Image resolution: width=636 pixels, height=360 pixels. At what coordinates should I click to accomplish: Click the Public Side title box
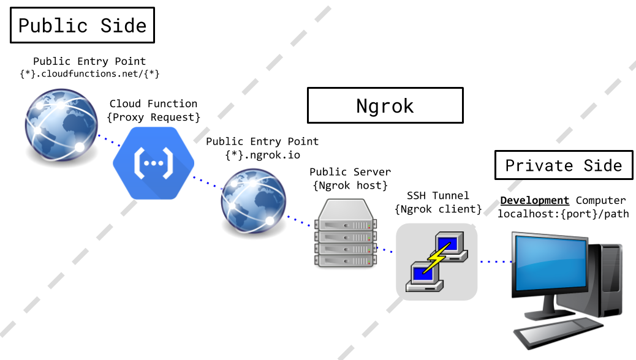tap(82, 25)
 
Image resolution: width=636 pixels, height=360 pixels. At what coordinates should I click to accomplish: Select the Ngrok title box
tap(385, 105)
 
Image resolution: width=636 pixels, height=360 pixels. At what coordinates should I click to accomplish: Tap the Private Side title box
tap(563, 165)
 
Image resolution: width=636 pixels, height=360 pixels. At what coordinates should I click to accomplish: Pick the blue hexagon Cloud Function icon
tap(153, 162)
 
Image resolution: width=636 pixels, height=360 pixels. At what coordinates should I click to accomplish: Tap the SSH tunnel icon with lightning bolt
tap(436, 261)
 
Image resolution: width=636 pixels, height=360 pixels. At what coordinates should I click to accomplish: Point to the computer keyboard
tap(551, 334)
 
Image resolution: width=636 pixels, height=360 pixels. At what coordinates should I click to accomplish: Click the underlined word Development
tap(534, 200)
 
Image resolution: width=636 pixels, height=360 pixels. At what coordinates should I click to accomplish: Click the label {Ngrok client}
tap(438, 209)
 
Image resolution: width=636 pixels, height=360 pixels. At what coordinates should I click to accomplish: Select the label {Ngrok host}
tap(350, 185)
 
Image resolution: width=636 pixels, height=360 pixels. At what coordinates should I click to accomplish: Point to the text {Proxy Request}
tap(153, 116)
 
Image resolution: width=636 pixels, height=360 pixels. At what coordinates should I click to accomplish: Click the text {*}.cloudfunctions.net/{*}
tap(89, 74)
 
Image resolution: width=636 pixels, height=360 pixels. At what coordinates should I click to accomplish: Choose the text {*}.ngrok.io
tap(262, 154)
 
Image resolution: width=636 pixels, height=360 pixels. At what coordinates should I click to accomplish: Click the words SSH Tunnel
tap(438, 196)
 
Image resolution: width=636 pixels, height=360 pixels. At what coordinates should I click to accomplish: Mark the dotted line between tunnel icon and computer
tap(496, 261)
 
